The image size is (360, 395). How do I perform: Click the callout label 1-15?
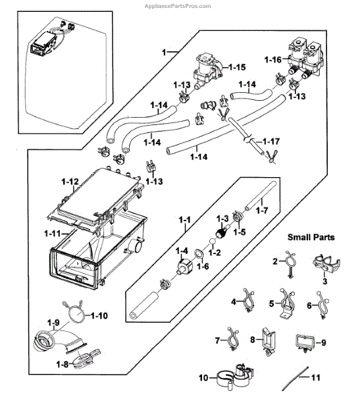click(238, 67)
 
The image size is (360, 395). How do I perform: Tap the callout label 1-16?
click(273, 60)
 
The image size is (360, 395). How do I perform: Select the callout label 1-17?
click(271, 142)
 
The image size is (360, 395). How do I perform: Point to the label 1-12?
click(70, 182)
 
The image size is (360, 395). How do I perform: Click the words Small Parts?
click(311, 237)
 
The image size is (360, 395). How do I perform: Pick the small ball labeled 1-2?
click(213, 242)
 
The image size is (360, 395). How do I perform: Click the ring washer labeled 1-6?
click(199, 254)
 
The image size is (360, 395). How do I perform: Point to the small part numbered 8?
click(268, 341)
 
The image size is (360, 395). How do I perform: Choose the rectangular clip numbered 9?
click(305, 342)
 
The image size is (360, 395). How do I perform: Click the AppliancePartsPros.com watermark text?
click(178, 6)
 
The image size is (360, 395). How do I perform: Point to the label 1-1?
click(185, 220)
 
